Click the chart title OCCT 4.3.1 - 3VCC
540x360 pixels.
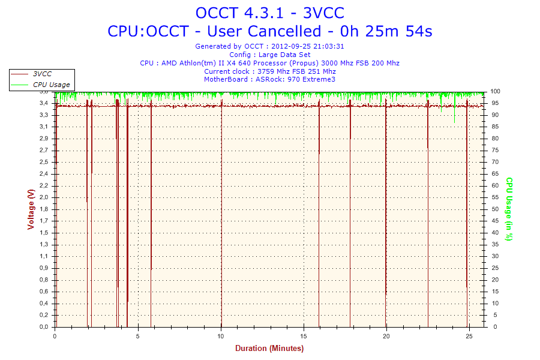[x=269, y=13]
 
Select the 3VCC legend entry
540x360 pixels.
[x=42, y=74]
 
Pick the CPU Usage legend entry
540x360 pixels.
[x=51, y=85]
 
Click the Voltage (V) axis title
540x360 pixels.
[x=31, y=209]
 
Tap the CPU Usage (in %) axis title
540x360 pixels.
[x=509, y=209]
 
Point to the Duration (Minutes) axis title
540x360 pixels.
[x=269, y=348]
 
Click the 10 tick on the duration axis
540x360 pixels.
[x=221, y=335]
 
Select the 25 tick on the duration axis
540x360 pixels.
[x=470, y=335]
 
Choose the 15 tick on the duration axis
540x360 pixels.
[x=304, y=335]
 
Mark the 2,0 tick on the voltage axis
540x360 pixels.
[x=44, y=197]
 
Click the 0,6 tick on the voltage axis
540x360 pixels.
[x=44, y=292]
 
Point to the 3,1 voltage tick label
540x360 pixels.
[x=44, y=127]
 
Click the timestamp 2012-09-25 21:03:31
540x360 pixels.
[x=308, y=46]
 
